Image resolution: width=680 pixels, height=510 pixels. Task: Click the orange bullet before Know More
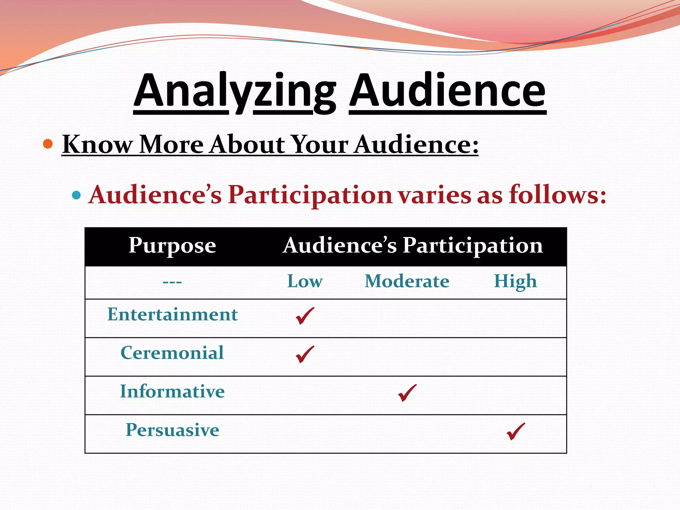tap(48, 144)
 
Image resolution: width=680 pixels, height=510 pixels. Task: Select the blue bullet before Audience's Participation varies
tap(76, 195)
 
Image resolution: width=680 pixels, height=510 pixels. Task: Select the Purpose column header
tap(172, 246)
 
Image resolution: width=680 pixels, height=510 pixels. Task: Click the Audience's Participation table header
tap(412, 246)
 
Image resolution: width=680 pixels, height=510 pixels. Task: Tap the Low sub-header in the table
tap(305, 282)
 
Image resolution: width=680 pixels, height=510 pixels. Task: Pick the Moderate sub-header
tap(407, 282)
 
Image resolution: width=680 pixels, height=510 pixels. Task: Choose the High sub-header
tap(515, 282)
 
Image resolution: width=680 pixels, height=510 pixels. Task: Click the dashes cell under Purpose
tap(172, 282)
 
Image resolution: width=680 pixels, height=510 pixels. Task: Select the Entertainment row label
tap(172, 314)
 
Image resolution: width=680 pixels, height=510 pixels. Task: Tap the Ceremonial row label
tap(172, 353)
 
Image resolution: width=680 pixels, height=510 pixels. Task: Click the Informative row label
tap(172, 391)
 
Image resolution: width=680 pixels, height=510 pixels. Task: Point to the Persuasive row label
tap(172, 430)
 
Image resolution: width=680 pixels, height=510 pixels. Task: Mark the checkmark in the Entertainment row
tap(304, 316)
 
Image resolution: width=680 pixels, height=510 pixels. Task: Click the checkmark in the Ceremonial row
tap(304, 354)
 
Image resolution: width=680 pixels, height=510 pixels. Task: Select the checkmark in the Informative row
tap(407, 393)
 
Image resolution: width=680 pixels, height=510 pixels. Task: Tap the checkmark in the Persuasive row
tap(516, 431)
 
